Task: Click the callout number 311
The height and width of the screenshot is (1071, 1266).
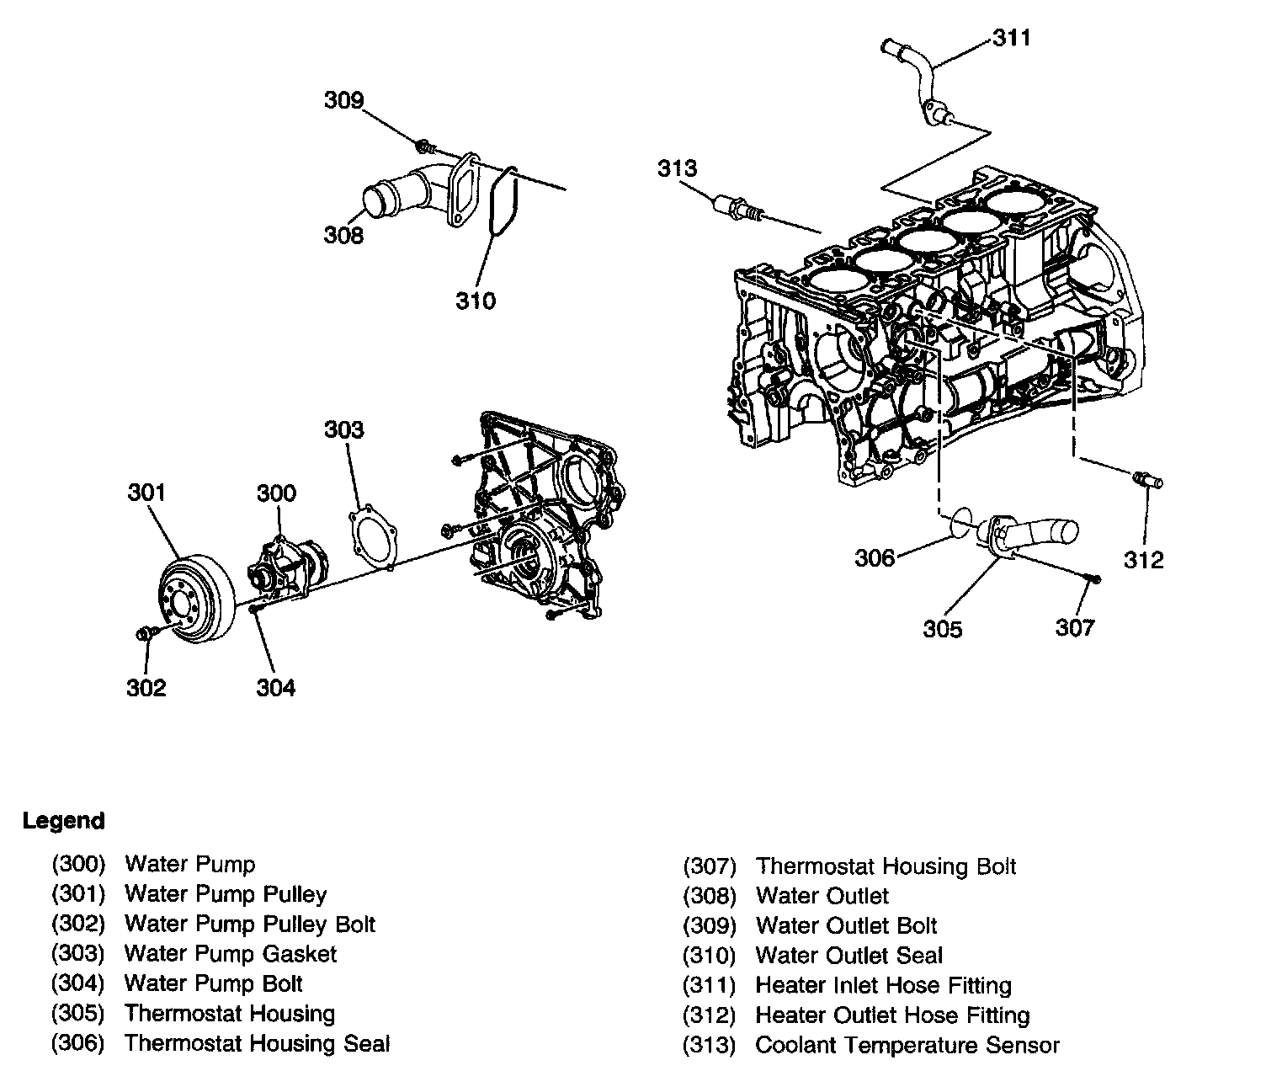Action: pos(1011,38)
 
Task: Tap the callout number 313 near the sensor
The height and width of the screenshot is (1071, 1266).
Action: pos(678,168)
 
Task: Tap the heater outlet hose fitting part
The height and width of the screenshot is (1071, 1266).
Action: pos(1147,482)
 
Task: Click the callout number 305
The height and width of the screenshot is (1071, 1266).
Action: pos(942,629)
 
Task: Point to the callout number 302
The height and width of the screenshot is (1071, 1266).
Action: pos(146,688)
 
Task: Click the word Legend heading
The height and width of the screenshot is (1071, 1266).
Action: pos(64,821)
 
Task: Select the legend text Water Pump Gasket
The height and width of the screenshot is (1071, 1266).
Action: pos(230,954)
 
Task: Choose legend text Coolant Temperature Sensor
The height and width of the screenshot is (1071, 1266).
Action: pos(907,1046)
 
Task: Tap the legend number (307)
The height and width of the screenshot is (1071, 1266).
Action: pos(710,866)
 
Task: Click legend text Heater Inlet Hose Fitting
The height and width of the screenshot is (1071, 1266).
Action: pos(883,985)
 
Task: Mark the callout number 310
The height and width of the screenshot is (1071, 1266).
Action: pos(476,300)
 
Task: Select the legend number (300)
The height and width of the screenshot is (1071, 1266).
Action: pos(78,864)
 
